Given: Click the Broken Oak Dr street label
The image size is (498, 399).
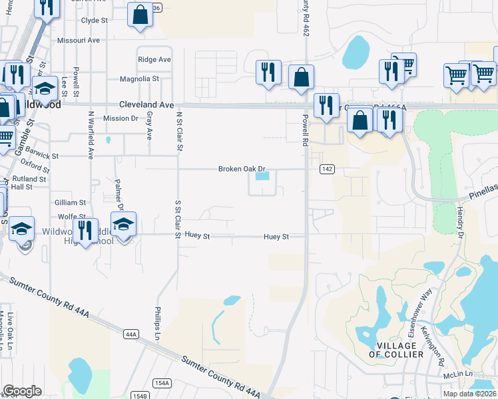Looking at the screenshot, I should (242, 169).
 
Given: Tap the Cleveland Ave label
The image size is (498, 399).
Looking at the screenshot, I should (146, 105).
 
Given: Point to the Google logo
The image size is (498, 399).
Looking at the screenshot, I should (22, 390).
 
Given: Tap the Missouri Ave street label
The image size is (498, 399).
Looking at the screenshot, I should (78, 41).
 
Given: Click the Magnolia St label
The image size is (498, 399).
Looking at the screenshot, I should (139, 78).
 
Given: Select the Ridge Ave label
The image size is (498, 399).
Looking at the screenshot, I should (154, 60).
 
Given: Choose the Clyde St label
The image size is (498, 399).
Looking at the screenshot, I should (94, 21).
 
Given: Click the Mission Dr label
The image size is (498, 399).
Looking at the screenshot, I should (121, 118).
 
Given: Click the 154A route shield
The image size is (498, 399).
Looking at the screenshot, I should (162, 383).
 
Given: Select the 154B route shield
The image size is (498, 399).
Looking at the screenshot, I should (139, 396).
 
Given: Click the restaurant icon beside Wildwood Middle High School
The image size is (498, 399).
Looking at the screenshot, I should (85, 231).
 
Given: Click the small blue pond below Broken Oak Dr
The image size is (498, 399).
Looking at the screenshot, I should (262, 176).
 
